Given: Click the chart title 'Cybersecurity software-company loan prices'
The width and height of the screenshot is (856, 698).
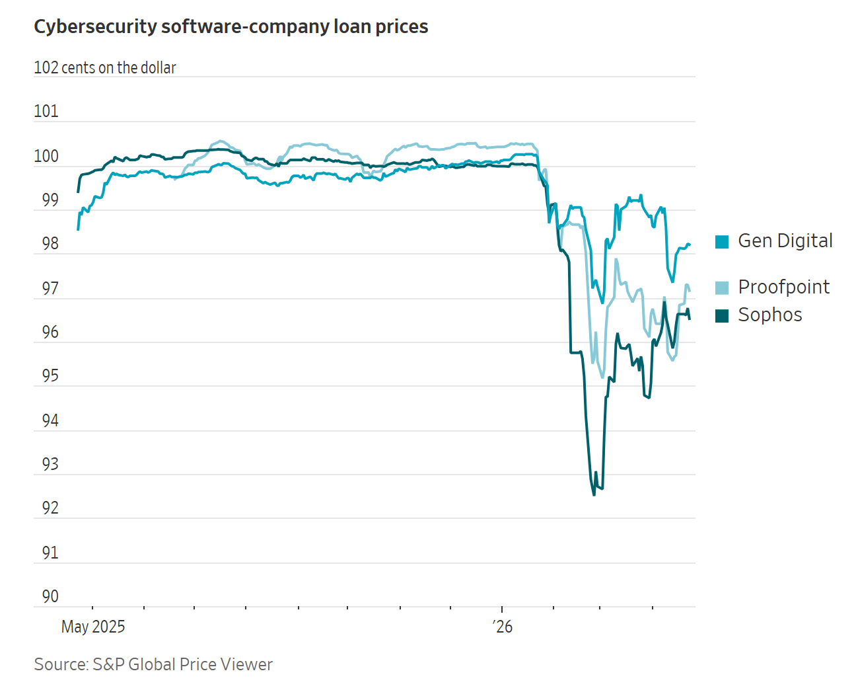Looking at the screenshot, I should click(x=231, y=26).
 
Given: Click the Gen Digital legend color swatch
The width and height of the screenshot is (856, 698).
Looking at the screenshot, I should click(x=722, y=242).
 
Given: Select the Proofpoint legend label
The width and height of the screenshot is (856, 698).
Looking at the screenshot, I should click(x=783, y=287).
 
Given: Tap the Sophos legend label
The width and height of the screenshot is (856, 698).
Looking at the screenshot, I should click(x=769, y=315).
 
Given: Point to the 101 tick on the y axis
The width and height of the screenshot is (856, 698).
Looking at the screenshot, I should click(x=46, y=111).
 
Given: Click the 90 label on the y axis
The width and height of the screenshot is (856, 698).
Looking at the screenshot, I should click(x=50, y=596).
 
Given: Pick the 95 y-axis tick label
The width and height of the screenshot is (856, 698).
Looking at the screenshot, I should click(x=50, y=375).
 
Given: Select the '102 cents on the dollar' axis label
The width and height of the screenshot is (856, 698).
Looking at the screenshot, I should click(x=105, y=67).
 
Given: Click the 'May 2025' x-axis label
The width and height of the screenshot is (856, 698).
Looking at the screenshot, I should click(x=93, y=627).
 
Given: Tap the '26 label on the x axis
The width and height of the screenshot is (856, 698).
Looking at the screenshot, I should click(x=503, y=627).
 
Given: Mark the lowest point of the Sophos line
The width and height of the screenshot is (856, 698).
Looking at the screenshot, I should click(x=594, y=494).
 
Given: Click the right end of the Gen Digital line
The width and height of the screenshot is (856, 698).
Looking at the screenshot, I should click(x=690, y=245).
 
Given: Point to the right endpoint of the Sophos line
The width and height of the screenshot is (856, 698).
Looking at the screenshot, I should click(x=690, y=319).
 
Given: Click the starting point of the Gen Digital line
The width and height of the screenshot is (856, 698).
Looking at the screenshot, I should click(x=78, y=229).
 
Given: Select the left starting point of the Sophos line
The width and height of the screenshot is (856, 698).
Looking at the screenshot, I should click(x=78, y=192).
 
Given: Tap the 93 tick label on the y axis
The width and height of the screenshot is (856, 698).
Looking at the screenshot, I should click(x=50, y=464).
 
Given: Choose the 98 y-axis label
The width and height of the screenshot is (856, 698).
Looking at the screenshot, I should click(x=50, y=243).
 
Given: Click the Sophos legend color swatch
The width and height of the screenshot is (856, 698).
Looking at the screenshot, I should click(x=722, y=316).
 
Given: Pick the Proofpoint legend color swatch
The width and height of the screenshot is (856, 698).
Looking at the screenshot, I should click(x=722, y=288).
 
